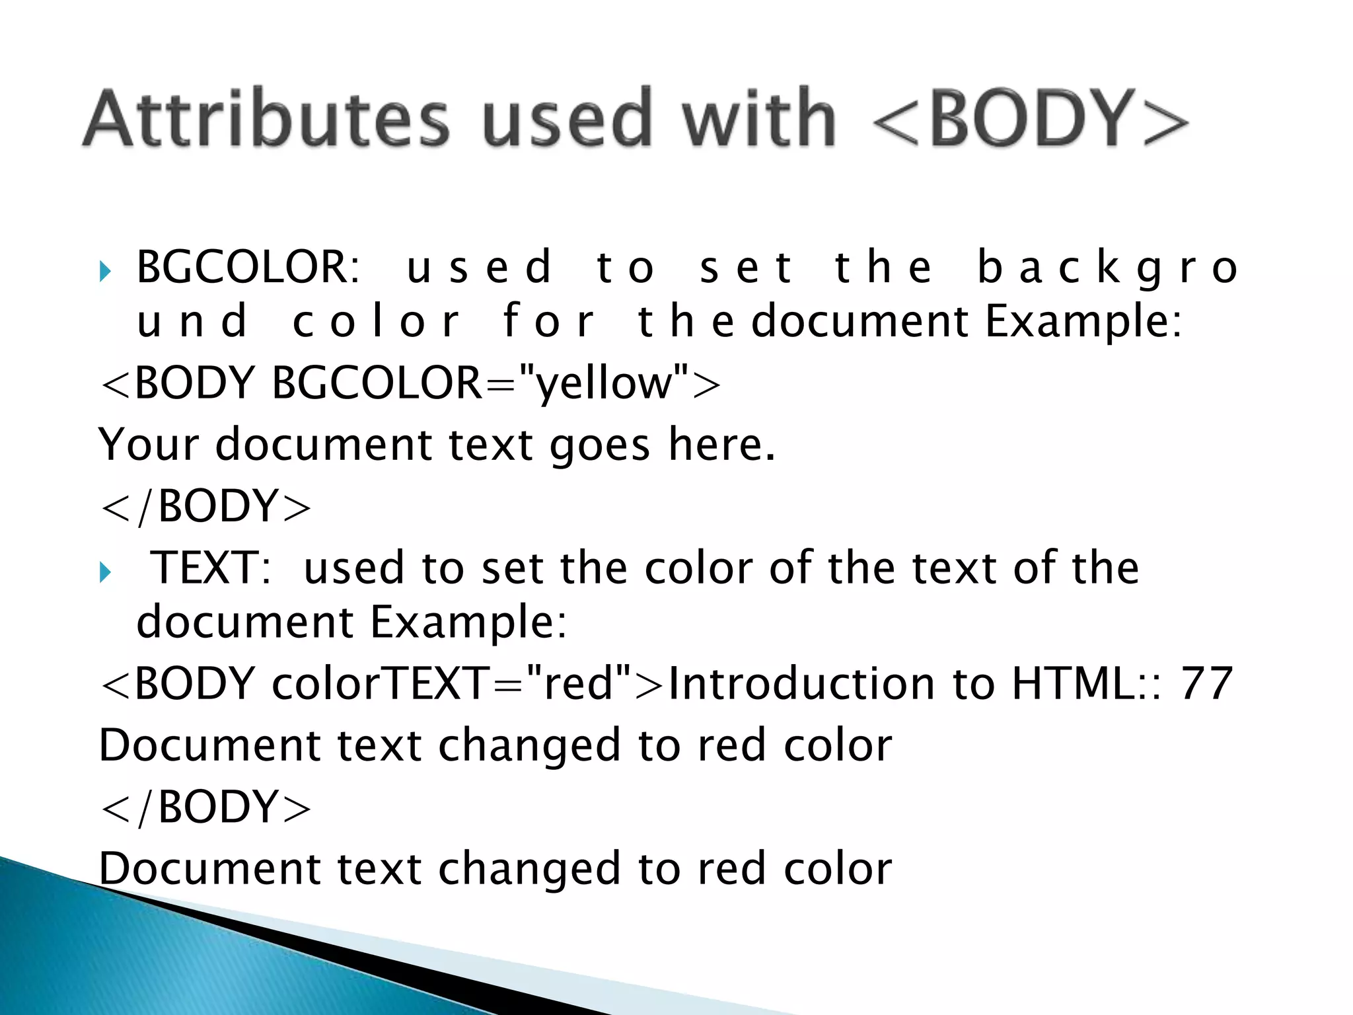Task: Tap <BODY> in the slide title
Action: (x=1030, y=119)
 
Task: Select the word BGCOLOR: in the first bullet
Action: (x=248, y=267)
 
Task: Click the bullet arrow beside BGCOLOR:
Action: (x=105, y=270)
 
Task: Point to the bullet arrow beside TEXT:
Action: (x=105, y=572)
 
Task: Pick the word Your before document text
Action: (x=149, y=444)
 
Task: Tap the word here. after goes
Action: (x=721, y=444)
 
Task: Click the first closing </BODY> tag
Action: (x=205, y=506)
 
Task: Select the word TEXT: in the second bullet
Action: (x=211, y=568)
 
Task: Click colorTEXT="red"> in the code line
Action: (x=466, y=683)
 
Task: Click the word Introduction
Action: (x=801, y=683)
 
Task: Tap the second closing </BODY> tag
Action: (x=205, y=808)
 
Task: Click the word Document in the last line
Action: (x=210, y=868)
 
